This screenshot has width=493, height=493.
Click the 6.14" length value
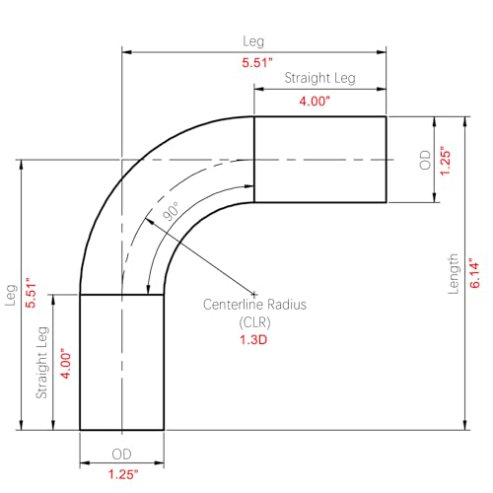coord(475,275)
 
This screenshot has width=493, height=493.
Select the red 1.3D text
coord(253,339)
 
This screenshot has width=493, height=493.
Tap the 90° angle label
coord(171,211)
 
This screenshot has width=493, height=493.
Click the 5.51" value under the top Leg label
coord(257,62)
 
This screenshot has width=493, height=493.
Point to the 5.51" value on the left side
coord(31,293)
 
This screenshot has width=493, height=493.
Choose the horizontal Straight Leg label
coord(319,78)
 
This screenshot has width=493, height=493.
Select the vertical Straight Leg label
coord(42,363)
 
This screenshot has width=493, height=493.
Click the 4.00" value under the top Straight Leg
coord(315,101)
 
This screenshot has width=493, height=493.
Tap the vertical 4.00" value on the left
coord(66,364)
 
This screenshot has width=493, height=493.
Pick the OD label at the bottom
coord(121,455)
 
